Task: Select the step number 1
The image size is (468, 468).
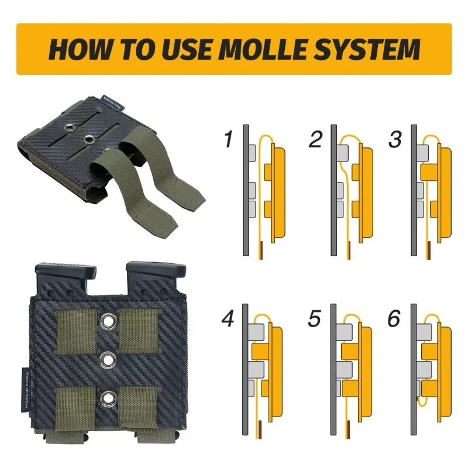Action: [229, 139]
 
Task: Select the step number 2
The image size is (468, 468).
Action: [315, 139]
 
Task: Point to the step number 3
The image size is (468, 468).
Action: [395, 139]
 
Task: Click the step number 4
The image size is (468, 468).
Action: [228, 318]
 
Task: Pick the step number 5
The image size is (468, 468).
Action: [314, 318]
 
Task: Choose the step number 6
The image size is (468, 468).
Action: [394, 318]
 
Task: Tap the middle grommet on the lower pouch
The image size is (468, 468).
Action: [108, 360]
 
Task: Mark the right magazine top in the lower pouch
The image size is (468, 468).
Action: [156, 274]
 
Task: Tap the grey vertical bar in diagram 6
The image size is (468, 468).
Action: [414, 369]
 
